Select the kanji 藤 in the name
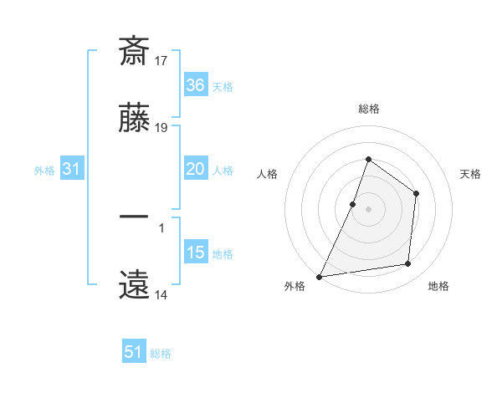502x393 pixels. tap(134, 119)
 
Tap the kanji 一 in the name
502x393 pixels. tap(134, 217)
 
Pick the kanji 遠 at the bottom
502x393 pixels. tap(134, 284)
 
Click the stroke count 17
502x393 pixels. tap(161, 60)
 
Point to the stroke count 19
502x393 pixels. tap(161, 129)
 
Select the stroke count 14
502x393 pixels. tap(161, 295)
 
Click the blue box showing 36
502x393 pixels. tap(195, 84)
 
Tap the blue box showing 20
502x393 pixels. tap(195, 169)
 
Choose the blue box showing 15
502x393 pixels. tap(195, 253)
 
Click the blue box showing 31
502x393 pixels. tap(71, 169)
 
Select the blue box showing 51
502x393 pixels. tap(134, 352)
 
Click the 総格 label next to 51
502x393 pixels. tap(161, 354)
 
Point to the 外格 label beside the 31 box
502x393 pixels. tap(44, 171)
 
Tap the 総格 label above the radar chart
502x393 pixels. tap(368, 109)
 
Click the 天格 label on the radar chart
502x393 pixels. tap(470, 174)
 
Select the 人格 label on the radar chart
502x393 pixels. tap(268, 174)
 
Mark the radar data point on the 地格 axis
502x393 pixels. tap(408, 264)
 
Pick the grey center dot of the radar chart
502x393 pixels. tap(368, 208)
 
